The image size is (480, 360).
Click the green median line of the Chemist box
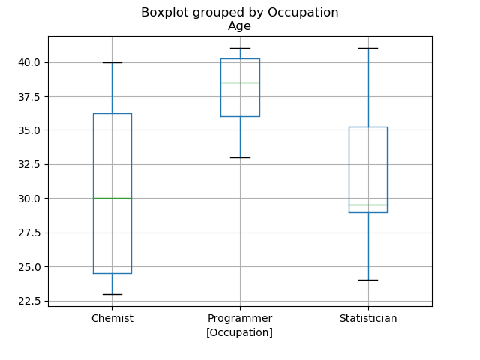112,198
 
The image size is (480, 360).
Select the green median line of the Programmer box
240,82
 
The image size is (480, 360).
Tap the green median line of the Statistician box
368,205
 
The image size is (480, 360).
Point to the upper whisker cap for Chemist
112,62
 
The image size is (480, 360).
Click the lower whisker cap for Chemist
112,294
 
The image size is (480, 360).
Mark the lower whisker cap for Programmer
240,157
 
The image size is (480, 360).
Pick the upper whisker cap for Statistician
368,48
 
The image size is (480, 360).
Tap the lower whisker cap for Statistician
368,280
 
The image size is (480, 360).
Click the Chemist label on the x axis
112,318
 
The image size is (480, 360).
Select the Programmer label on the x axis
240,318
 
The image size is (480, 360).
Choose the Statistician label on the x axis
368,318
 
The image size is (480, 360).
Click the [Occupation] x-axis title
240,332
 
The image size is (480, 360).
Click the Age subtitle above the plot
240,26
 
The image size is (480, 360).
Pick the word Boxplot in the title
164,13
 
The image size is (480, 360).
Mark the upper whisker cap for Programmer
240,48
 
